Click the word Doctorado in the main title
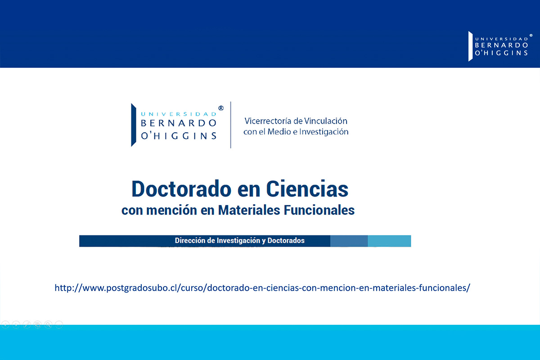point(181,189)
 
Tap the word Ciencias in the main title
point(307,189)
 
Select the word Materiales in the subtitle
point(249,210)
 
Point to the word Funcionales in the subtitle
point(319,210)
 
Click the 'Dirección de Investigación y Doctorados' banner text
point(239,241)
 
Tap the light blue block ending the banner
point(389,241)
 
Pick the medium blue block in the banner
point(349,241)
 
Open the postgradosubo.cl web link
point(262,288)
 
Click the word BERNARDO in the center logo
point(178,123)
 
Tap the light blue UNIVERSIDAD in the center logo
point(178,114)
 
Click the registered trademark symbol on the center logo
point(221,108)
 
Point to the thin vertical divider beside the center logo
point(231,125)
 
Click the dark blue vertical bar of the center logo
point(134,125)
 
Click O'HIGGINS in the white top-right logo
point(501,53)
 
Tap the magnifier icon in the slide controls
point(48,324)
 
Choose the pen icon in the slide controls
point(27,324)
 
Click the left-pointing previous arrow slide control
point(5,324)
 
